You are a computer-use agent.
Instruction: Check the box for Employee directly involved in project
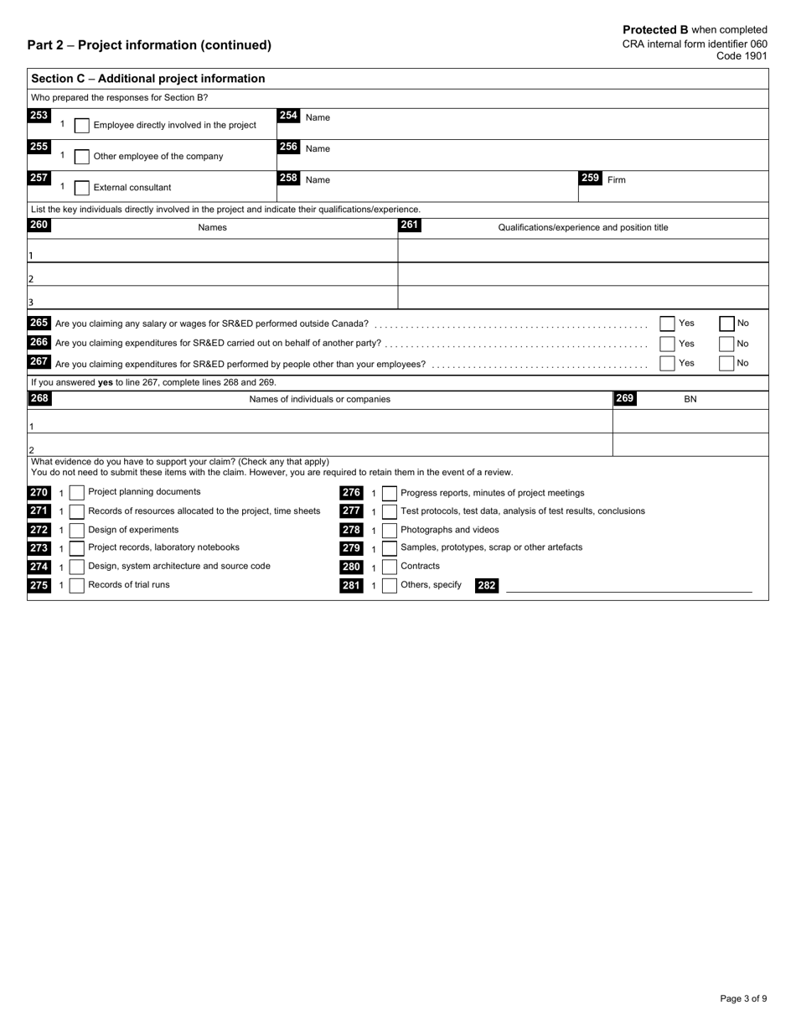82,125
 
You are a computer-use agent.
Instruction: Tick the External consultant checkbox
82,188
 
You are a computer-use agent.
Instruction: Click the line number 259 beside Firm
590,179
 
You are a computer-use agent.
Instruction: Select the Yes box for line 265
667,324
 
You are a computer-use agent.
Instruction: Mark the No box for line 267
727,363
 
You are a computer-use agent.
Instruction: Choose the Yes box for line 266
667,344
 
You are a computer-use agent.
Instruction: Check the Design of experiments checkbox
76,530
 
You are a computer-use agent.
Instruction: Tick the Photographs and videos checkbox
389,530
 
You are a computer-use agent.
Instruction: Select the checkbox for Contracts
389,567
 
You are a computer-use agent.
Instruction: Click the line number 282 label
486,586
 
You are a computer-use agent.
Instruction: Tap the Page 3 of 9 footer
743,998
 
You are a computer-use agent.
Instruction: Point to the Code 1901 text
742,56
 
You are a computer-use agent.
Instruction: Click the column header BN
690,399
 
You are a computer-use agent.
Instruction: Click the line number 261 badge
410,225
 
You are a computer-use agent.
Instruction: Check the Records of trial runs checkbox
76,586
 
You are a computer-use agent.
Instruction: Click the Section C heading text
147,79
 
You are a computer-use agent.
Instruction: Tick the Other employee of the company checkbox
82,157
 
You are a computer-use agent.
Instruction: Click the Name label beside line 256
318,148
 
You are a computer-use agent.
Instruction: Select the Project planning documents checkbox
76,493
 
